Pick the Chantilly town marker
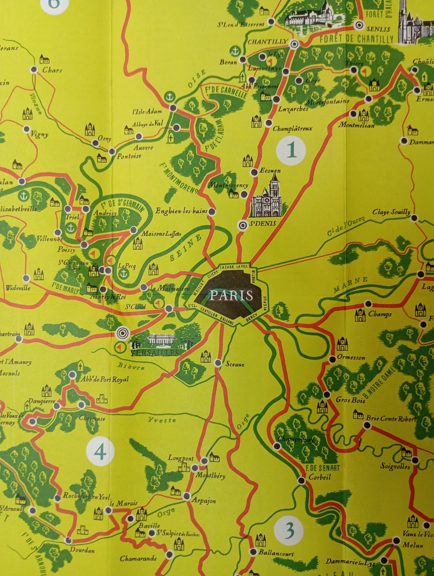[295, 44]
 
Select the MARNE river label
[350, 284]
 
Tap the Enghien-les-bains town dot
[213, 212]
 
